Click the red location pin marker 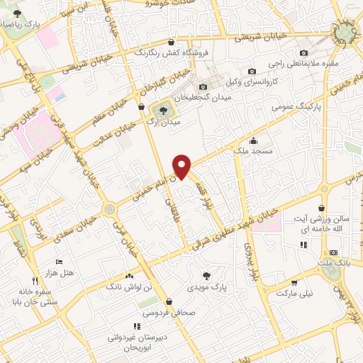click(183, 166)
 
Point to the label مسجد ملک click(253, 150)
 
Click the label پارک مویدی click(206, 288)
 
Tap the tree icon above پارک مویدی click(206, 276)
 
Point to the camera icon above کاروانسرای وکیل click(252, 71)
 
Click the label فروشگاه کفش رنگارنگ click(163, 52)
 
